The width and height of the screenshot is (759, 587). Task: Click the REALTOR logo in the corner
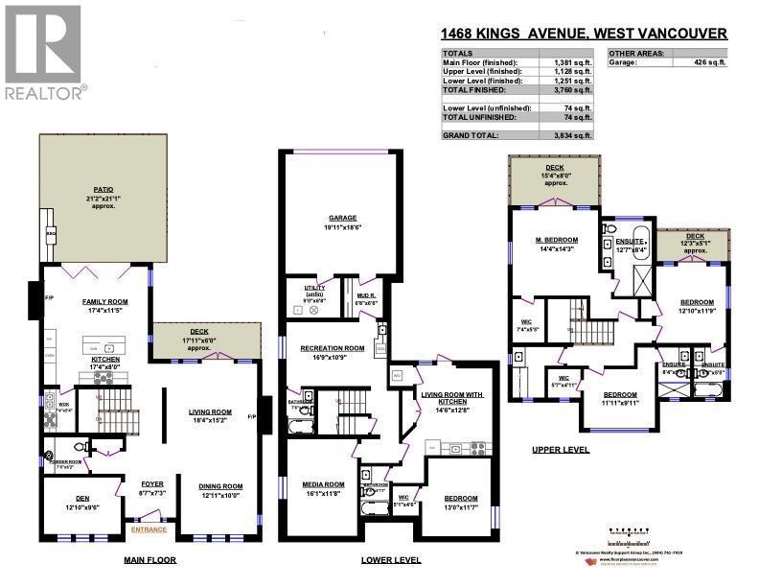[x=43, y=52]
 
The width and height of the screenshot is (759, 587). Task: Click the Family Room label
[x=106, y=301]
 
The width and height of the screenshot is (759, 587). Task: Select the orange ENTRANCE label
[x=149, y=528]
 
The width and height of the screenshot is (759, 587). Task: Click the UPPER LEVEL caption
[x=561, y=448]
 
